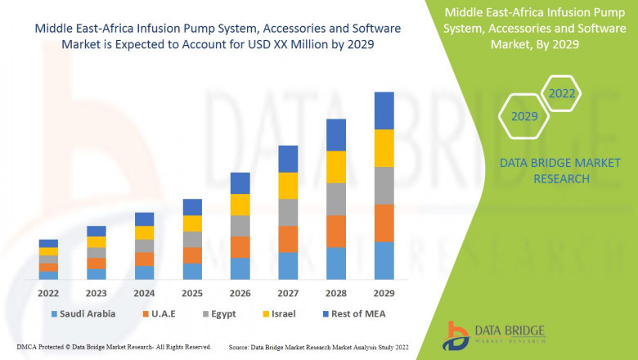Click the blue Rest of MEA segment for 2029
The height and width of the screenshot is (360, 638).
click(384, 110)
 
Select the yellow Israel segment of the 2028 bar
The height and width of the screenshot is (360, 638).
click(335, 167)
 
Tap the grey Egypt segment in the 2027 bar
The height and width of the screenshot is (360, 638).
click(288, 212)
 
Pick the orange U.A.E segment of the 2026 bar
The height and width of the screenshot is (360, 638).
click(240, 247)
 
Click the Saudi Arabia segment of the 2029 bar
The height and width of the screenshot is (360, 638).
click(384, 260)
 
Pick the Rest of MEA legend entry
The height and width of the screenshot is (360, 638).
click(353, 313)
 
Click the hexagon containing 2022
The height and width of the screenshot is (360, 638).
click(562, 94)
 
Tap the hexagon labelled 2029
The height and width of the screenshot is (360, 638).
click(524, 117)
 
